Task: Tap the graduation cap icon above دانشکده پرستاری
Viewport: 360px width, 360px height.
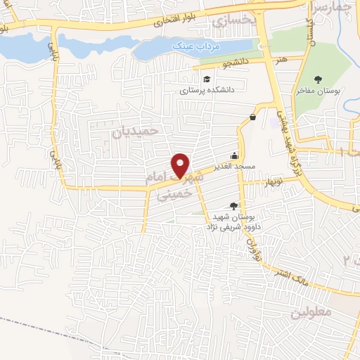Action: pyautogui.click(x=207, y=79)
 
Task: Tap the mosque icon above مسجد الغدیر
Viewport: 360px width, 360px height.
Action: pyautogui.click(x=234, y=156)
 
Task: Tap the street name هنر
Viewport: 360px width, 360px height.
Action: pyautogui.click(x=282, y=62)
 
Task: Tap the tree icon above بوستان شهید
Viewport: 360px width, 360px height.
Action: pyautogui.click(x=234, y=205)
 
